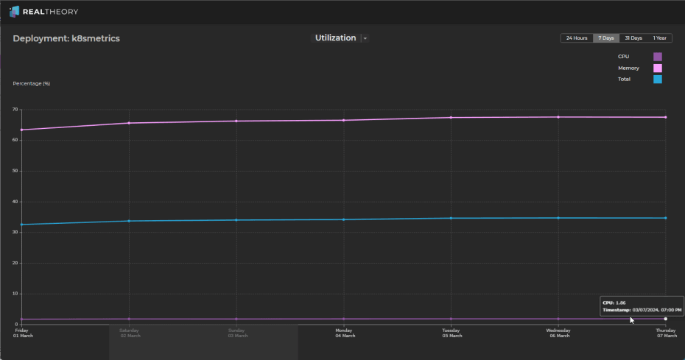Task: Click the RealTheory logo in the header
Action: tap(43, 12)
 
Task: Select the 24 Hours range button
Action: tap(577, 38)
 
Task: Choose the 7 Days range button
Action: tap(606, 38)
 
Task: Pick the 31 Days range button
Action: tap(633, 38)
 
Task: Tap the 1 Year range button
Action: tap(660, 38)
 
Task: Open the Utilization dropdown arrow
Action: tap(365, 38)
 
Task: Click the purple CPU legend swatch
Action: tap(658, 57)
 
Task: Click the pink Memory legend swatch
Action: tap(658, 68)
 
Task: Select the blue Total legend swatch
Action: tap(658, 79)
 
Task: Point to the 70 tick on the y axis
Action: tap(15, 110)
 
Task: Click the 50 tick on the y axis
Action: tap(15, 171)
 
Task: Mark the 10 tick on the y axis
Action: tap(15, 294)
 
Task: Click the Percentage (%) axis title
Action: tap(32, 83)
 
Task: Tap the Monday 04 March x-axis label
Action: tap(344, 333)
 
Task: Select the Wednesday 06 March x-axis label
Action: tap(558, 333)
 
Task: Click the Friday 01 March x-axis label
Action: tap(23, 333)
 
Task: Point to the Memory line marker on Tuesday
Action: tap(451, 118)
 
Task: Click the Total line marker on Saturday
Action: tap(129, 221)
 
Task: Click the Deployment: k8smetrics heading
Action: tap(66, 38)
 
